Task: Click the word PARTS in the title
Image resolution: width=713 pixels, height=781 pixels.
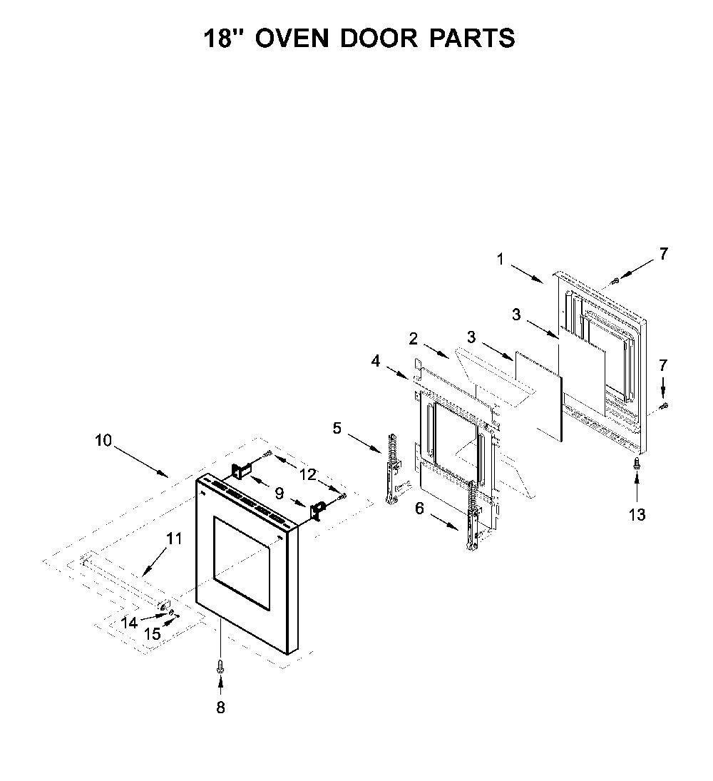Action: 472,38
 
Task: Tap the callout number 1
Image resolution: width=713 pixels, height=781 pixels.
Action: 500,259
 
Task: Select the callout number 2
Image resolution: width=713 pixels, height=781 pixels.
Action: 414,339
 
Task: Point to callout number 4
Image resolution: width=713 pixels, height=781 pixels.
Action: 376,361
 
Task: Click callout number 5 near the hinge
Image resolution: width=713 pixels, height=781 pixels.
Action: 337,428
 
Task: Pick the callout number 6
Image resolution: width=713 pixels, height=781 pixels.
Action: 420,509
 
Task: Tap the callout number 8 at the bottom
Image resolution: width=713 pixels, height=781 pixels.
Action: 220,708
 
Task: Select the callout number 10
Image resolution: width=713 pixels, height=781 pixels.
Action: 103,440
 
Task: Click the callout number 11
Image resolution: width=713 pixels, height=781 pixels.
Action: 174,538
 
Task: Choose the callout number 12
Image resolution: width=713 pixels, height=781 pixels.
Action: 308,475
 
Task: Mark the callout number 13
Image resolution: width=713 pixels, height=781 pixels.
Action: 637,514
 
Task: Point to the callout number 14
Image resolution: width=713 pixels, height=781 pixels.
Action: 129,623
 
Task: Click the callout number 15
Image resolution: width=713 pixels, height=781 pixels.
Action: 153,634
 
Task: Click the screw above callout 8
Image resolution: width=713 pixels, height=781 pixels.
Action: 220,666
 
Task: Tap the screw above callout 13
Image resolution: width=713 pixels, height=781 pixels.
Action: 636,464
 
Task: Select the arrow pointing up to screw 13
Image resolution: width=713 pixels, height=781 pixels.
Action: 637,488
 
